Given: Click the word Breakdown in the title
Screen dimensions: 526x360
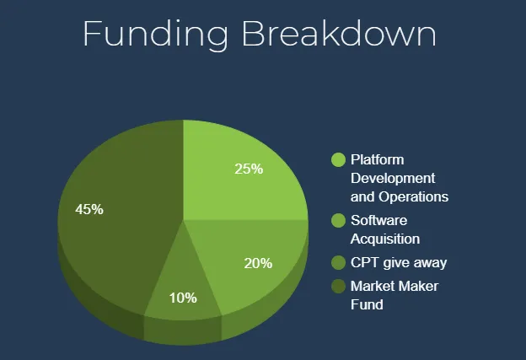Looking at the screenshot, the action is pyautogui.click(x=339, y=33).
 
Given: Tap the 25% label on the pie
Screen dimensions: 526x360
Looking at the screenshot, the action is pyautogui.click(x=249, y=169).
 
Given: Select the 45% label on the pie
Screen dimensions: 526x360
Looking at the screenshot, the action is pyautogui.click(x=89, y=209).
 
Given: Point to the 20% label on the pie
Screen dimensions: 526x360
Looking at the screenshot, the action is pyautogui.click(x=258, y=263).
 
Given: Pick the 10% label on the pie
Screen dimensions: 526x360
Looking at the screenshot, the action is pyautogui.click(x=183, y=298).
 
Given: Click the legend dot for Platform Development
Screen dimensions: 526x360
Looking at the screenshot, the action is pyautogui.click(x=338, y=159).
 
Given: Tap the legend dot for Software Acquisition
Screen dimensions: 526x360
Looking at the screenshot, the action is pyautogui.click(x=338, y=220).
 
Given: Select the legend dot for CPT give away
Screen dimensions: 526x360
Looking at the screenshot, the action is pyautogui.click(x=338, y=262).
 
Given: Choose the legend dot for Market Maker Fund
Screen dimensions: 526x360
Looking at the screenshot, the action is pyautogui.click(x=338, y=286).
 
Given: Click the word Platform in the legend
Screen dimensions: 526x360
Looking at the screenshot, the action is pyautogui.click(x=378, y=159).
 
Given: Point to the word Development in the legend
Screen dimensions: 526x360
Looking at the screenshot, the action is pyautogui.click(x=393, y=179).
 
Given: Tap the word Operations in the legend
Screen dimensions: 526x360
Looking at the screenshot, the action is pyautogui.click(x=414, y=197).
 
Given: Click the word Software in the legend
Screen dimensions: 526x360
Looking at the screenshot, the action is pyautogui.click(x=379, y=220).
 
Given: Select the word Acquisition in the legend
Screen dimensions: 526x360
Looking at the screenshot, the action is pyautogui.click(x=385, y=239).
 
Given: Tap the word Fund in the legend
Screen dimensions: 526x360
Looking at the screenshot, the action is pyautogui.click(x=367, y=304).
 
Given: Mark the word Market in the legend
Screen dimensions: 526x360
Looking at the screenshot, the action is pyautogui.click(x=373, y=286).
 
